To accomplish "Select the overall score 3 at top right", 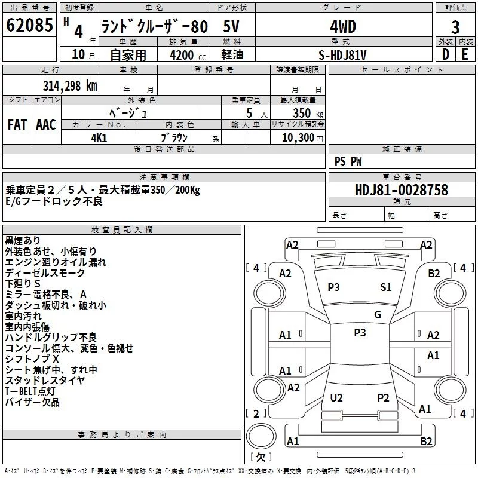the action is pyautogui.click(x=455, y=27).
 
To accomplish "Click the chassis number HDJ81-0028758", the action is pyautogui.click(x=402, y=190).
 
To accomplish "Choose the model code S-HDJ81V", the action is pyautogui.click(x=343, y=55).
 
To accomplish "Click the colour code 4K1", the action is pyautogui.click(x=99, y=137).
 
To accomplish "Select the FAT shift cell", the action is pyautogui.click(x=17, y=125).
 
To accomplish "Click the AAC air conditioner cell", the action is pyautogui.click(x=46, y=125).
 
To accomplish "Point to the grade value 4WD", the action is pyautogui.click(x=343, y=27).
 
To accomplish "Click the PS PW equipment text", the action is pyautogui.click(x=348, y=161).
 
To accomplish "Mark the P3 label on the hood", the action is pyautogui.click(x=333, y=287).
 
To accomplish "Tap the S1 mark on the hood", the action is pyautogui.click(x=386, y=287).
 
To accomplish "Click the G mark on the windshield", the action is pyautogui.click(x=377, y=315).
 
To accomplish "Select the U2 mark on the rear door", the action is pyautogui.click(x=336, y=397).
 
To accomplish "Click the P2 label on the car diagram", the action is pyautogui.click(x=383, y=397).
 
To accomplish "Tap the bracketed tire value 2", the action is pyautogui.click(x=256, y=413).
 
